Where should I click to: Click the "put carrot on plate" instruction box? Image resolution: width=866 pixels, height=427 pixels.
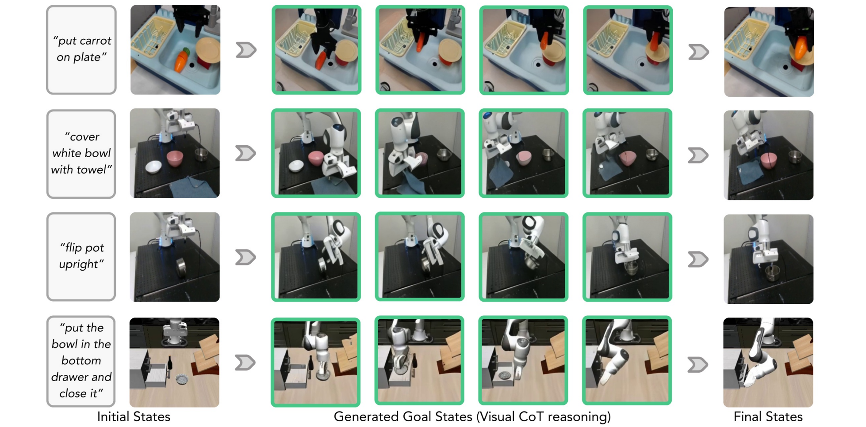81,50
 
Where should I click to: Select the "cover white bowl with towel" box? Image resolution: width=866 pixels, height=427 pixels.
81,154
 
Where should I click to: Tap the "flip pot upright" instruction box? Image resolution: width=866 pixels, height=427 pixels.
81,257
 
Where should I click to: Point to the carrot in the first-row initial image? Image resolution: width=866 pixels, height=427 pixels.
182,59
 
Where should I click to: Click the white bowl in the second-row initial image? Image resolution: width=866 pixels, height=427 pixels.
153,167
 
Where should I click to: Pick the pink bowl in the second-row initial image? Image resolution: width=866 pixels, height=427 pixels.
175,158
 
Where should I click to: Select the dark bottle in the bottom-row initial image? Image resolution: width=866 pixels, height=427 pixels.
170,364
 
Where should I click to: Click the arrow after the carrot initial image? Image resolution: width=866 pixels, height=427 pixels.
246,50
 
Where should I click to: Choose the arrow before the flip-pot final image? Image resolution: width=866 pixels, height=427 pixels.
698,259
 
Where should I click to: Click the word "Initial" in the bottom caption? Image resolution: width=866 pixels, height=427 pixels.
113,416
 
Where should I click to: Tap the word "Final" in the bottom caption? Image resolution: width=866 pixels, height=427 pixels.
747,416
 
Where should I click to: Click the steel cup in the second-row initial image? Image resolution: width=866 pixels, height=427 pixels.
202,155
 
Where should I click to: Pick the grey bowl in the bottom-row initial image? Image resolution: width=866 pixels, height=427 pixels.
182,379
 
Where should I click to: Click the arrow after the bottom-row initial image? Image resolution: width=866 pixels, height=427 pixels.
245,363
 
